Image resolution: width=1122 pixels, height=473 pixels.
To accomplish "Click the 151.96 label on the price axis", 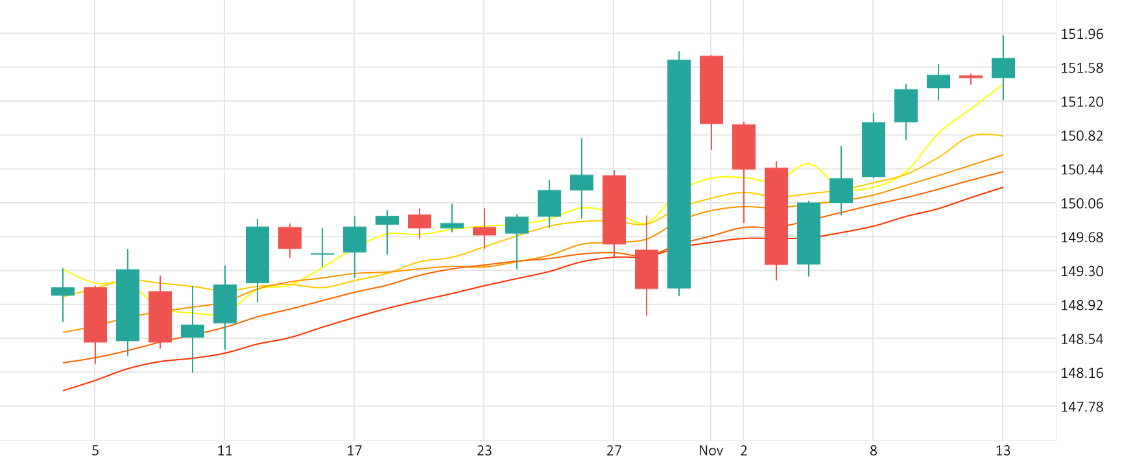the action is [1081, 34].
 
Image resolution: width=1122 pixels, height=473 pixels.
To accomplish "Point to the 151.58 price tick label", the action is [1081, 68].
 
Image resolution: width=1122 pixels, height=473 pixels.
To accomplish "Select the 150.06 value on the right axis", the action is [1081, 203].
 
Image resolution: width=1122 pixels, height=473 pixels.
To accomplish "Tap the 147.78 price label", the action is [1081, 407].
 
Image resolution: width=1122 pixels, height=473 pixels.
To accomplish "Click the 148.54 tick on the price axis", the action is [1081, 339].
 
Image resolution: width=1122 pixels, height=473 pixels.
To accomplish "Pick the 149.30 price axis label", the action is [1081, 271].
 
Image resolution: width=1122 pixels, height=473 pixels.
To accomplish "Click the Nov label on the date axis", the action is [711, 451].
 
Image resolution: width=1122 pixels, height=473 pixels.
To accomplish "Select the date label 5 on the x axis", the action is [95, 451].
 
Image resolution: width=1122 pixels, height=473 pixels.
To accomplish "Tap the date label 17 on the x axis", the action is [354, 451].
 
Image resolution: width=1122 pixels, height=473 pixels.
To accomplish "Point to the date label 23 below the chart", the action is [484, 451].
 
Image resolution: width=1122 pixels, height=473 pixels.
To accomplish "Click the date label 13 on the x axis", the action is [1003, 451].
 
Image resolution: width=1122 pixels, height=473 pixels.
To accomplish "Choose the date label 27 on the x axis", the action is [614, 451].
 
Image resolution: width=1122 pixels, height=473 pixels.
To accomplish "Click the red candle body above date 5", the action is [95, 315].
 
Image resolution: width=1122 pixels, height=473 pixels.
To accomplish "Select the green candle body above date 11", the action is [225, 304].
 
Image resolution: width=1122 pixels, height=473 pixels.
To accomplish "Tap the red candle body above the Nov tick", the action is [711, 89].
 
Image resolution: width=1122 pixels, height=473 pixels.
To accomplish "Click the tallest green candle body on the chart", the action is [679, 174].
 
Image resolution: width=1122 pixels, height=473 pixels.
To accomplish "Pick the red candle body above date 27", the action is [614, 210].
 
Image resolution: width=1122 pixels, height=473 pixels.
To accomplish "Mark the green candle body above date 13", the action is [1003, 68].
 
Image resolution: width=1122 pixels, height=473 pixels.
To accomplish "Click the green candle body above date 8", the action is [874, 150].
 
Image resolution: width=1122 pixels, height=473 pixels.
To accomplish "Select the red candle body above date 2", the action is [744, 147].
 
